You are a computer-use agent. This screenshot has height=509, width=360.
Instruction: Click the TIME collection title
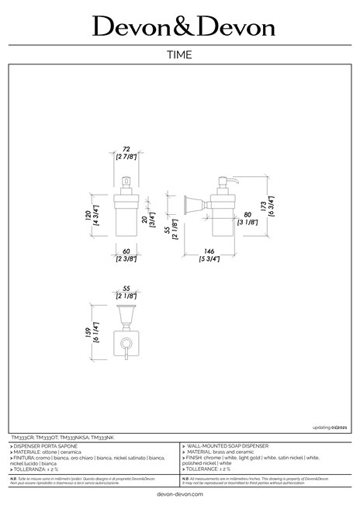pos(179,54)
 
